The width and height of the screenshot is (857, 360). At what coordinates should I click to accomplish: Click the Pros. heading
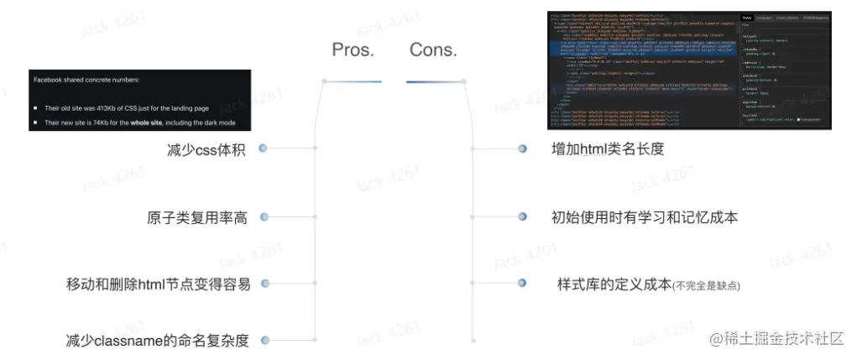click(353, 50)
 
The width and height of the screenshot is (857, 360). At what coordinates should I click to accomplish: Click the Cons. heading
click(433, 50)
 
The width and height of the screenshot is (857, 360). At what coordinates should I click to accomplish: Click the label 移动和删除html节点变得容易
click(158, 284)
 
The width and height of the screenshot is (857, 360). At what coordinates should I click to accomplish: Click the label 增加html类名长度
click(608, 149)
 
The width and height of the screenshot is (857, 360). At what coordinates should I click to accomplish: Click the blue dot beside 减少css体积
click(264, 149)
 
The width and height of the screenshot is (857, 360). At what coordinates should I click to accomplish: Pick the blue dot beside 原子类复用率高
click(264, 217)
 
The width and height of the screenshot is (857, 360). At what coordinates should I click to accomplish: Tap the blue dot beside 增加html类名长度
click(522, 149)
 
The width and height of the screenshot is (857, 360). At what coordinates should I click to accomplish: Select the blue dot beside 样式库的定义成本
click(522, 284)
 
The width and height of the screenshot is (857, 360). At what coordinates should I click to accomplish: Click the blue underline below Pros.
click(353, 81)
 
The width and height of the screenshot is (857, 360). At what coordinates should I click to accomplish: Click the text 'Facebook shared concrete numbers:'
click(86, 81)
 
